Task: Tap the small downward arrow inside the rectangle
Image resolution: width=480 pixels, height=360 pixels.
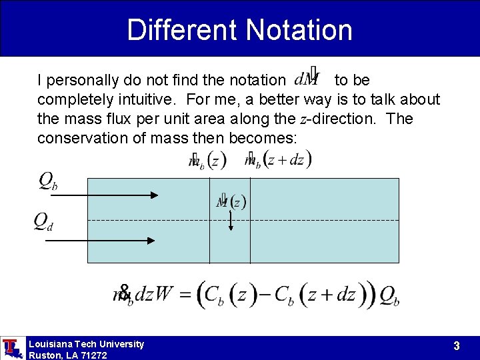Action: click(x=230, y=221)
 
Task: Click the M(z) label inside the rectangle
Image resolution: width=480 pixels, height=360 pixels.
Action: click(x=231, y=201)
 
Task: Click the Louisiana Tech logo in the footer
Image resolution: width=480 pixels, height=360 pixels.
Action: click(x=11, y=348)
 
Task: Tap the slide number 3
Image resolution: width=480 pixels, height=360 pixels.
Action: click(x=456, y=346)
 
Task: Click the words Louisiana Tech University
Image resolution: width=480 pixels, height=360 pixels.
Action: click(x=86, y=344)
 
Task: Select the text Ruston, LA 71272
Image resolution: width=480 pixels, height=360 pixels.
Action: click(x=67, y=355)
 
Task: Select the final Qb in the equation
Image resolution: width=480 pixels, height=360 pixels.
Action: click(x=389, y=295)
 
